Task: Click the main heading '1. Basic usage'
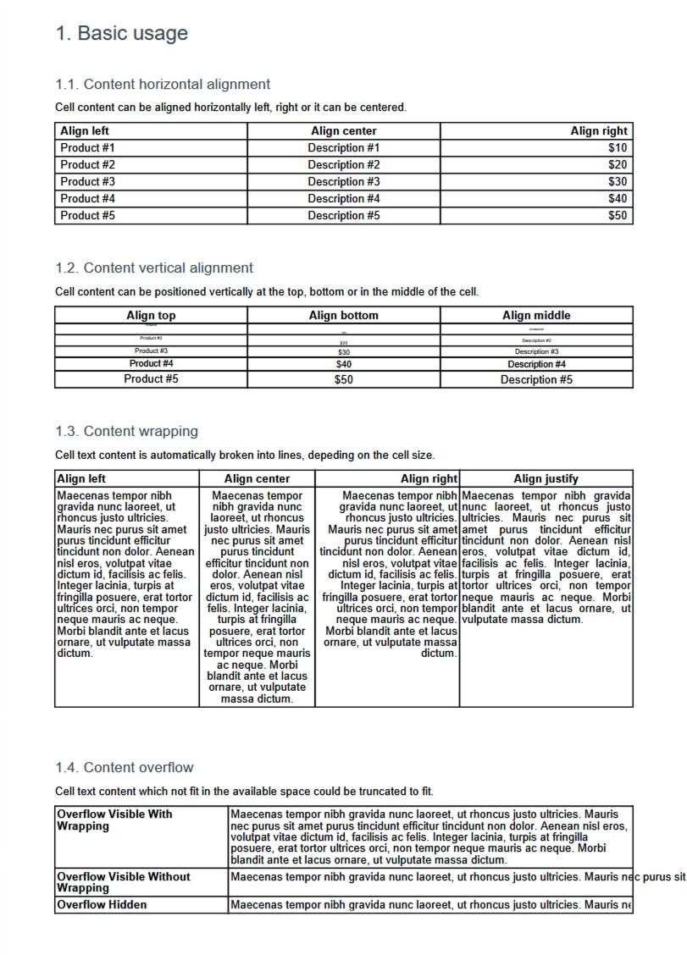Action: click(x=121, y=34)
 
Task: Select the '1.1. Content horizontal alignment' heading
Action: click(x=163, y=84)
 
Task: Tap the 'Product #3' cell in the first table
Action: click(x=87, y=181)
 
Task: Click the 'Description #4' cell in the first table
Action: click(x=343, y=198)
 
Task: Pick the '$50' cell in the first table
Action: click(x=618, y=215)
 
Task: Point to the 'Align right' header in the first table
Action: click(x=598, y=130)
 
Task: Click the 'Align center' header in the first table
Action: click(x=343, y=130)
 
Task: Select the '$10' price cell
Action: click(x=618, y=147)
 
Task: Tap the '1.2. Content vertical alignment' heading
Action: click(x=153, y=268)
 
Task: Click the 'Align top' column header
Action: click(x=151, y=315)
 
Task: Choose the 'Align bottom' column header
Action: click(x=343, y=315)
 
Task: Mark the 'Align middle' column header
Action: click(x=536, y=315)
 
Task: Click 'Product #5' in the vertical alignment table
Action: click(x=151, y=378)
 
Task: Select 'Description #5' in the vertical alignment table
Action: click(x=536, y=379)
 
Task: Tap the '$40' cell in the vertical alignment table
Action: click(x=343, y=364)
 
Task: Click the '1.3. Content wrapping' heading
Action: click(x=126, y=431)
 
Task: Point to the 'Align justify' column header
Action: click(x=546, y=478)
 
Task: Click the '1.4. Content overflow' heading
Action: click(x=124, y=767)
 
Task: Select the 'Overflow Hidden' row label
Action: click(x=101, y=904)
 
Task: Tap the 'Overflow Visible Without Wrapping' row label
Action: click(x=123, y=882)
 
